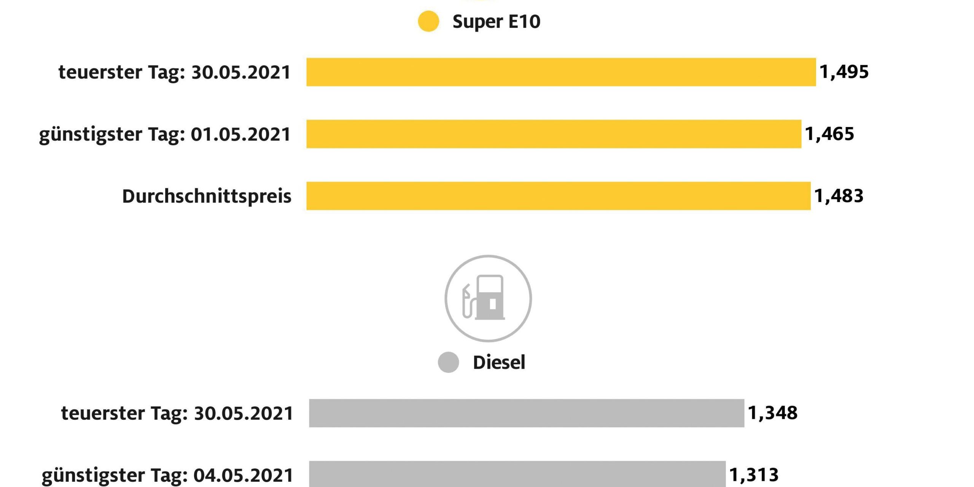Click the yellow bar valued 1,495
(x=561, y=72)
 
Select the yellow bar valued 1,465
(x=554, y=134)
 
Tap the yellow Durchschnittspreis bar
(x=558, y=196)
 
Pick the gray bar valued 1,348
(x=526, y=413)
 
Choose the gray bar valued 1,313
(x=517, y=474)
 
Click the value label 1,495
(x=844, y=72)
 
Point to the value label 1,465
(x=829, y=134)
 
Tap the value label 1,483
(x=839, y=196)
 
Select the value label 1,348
(x=772, y=413)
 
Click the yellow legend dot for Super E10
(x=428, y=21)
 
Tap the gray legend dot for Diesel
(x=448, y=362)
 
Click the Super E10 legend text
(x=496, y=22)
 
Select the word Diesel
(x=499, y=362)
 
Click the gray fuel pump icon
(x=488, y=298)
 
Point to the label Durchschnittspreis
(x=207, y=196)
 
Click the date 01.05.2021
(x=240, y=134)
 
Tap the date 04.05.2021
(x=243, y=475)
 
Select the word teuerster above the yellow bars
(x=100, y=72)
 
